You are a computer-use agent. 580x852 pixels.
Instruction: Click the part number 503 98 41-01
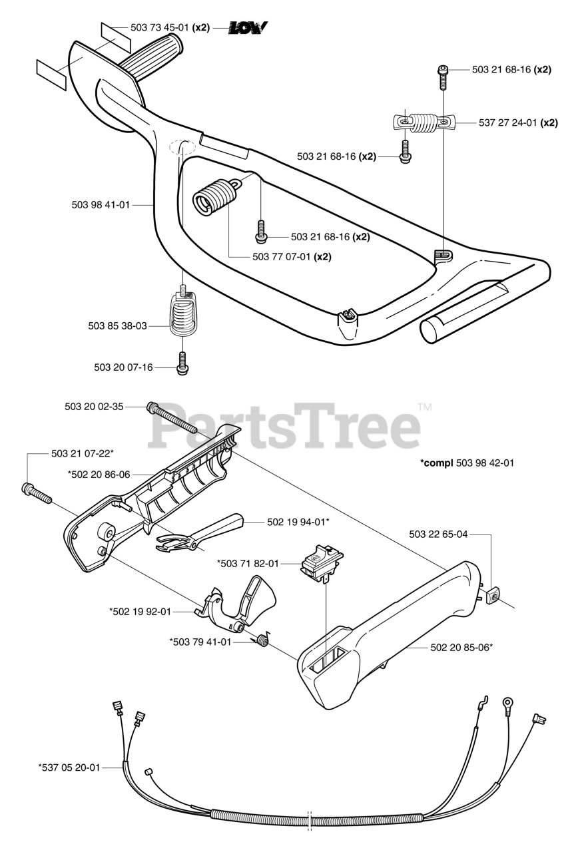tap(100, 205)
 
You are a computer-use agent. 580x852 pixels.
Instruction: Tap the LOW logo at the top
tap(248, 27)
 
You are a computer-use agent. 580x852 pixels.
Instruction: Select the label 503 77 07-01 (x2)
tap(292, 256)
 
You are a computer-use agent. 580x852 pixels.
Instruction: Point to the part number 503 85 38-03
tap(117, 326)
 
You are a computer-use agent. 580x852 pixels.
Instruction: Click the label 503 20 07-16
tap(123, 367)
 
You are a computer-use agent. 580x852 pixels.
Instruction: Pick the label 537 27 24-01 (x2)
tap(518, 122)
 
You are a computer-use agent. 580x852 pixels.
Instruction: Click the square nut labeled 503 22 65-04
tap(494, 595)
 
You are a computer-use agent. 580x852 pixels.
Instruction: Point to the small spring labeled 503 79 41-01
tap(262, 640)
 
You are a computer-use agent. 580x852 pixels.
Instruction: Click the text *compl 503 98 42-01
tap(467, 463)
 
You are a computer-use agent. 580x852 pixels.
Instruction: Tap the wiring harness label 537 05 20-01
tap(69, 767)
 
